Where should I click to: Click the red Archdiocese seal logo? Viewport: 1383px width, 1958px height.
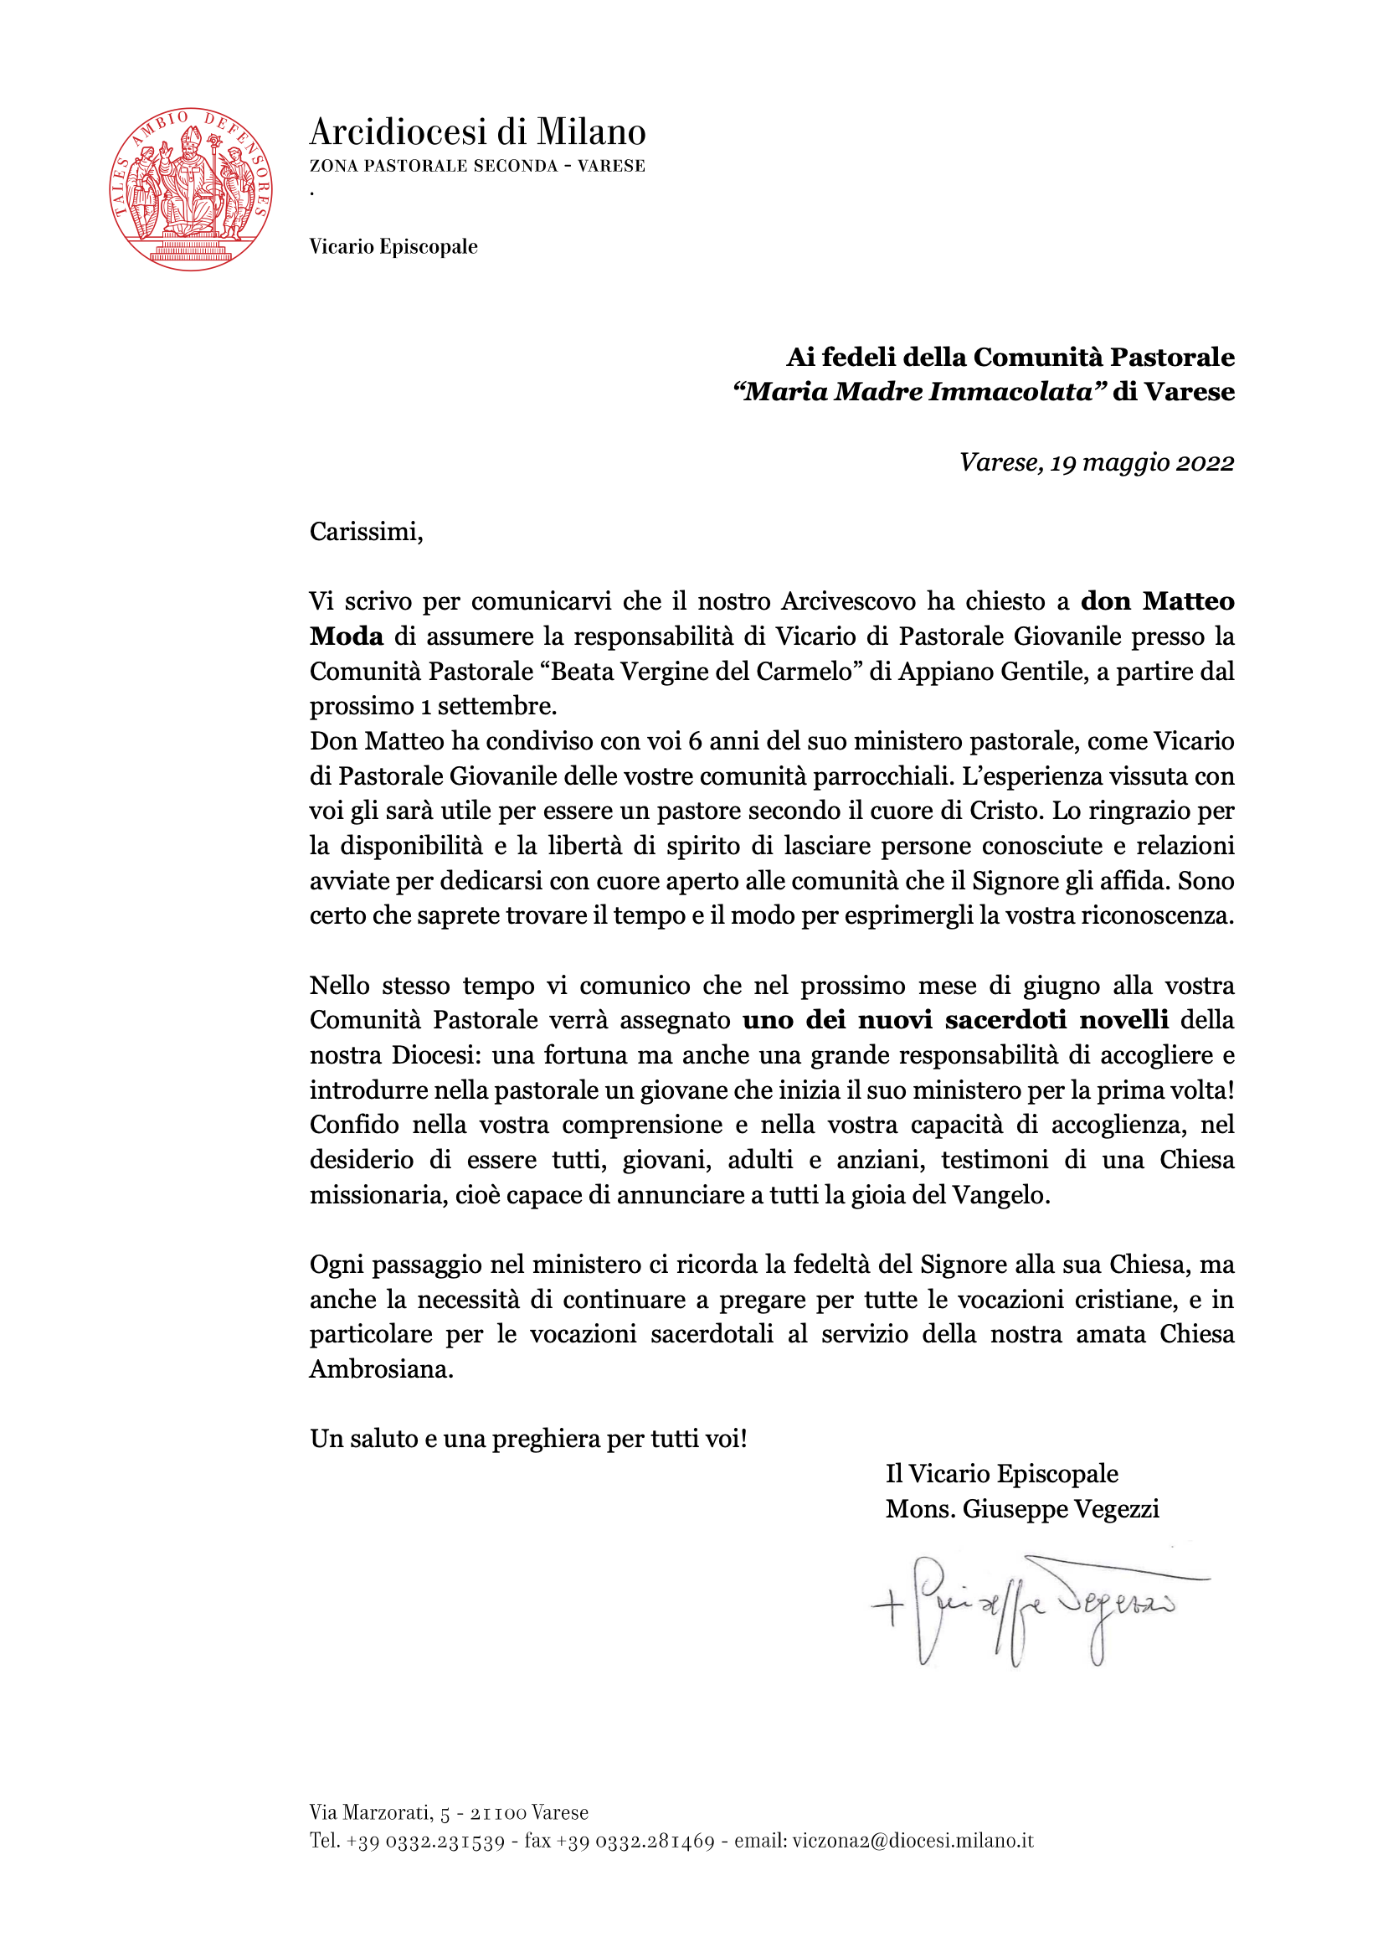point(191,189)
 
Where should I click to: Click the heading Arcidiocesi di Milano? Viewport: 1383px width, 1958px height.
point(477,132)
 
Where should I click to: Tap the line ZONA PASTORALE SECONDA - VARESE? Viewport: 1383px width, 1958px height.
point(477,167)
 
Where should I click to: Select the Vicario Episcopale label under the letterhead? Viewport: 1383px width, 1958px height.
point(393,246)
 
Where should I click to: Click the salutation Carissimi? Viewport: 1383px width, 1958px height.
point(366,532)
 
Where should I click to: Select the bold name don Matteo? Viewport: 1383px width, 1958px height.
point(1157,601)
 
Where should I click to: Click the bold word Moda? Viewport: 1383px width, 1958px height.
point(347,636)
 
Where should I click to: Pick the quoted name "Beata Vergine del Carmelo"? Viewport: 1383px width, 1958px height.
point(701,671)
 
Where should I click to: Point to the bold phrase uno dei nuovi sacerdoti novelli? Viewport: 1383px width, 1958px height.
point(955,1020)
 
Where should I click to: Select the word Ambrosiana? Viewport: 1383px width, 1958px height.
point(380,1368)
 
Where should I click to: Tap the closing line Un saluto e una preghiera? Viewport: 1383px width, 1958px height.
point(527,1439)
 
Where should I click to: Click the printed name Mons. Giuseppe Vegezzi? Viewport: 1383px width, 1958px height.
point(1022,1508)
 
